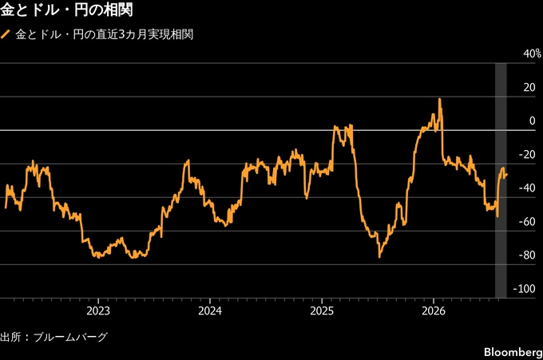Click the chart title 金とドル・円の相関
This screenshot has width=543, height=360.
click(66, 10)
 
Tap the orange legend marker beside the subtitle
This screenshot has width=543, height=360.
click(6, 34)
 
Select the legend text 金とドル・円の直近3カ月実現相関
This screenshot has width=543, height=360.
click(105, 34)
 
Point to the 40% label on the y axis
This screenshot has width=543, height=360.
click(533, 53)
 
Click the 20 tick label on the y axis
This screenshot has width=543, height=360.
click(529, 87)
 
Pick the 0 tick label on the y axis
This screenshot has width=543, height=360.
click(533, 121)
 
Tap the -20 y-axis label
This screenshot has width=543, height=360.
click(527, 154)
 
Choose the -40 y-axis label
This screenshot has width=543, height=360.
click(527, 188)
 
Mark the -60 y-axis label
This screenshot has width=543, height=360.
click(527, 222)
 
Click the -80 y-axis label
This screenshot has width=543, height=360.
click(527, 255)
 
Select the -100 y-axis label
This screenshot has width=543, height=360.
click(525, 289)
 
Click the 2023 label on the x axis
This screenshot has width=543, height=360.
click(98, 311)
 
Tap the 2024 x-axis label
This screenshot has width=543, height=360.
click(210, 311)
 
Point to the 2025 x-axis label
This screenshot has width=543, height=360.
click(322, 311)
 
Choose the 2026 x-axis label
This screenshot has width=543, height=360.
click(434, 311)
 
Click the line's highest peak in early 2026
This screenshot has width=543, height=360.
click(440, 99)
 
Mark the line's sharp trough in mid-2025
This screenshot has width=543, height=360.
click(379, 257)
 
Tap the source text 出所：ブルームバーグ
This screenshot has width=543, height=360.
click(54, 337)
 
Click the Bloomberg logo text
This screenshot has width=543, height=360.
click(513, 352)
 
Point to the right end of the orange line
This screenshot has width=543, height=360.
click(507, 175)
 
